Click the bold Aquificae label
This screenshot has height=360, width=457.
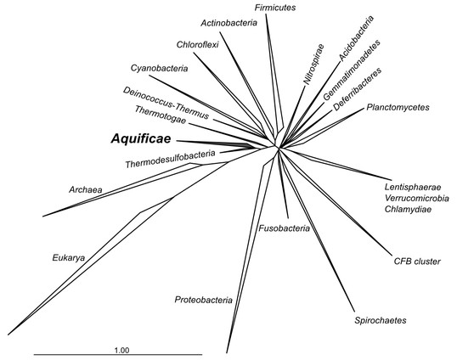(x=141, y=139)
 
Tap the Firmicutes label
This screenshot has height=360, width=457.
(x=275, y=8)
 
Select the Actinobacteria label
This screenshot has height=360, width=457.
(x=229, y=23)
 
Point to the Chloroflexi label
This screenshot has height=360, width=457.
(x=198, y=45)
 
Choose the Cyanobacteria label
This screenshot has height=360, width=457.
(x=159, y=69)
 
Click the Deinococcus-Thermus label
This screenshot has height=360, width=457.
(x=166, y=103)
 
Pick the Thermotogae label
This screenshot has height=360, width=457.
(x=161, y=115)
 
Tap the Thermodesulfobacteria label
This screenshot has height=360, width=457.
(x=171, y=159)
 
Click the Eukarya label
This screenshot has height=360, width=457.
(x=69, y=258)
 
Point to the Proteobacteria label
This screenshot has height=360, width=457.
(x=203, y=300)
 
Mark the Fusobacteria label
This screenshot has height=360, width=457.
(x=285, y=228)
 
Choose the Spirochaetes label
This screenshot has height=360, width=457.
(x=381, y=320)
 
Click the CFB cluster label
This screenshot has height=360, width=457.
(x=417, y=262)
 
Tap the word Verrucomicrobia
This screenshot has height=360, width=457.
(x=417, y=198)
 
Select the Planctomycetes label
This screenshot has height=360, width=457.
(x=398, y=107)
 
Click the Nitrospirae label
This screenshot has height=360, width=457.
(x=313, y=65)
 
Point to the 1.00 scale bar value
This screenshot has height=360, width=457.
(x=121, y=350)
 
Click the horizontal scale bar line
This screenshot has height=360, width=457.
(x=118, y=354)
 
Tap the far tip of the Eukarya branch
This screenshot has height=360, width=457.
(x=8, y=335)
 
